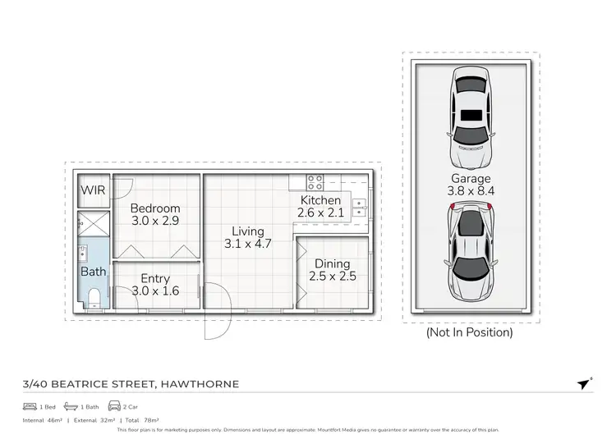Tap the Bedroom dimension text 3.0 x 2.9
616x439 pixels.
155,222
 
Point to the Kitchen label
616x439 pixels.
320,200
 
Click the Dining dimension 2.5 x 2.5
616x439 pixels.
332,277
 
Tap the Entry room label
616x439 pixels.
155,279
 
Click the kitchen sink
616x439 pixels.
359,205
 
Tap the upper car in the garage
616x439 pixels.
471,115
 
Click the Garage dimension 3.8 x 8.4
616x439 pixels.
471,191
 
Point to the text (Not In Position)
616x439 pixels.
469,332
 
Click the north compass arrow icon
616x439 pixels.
584,384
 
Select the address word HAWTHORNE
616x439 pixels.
200,384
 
